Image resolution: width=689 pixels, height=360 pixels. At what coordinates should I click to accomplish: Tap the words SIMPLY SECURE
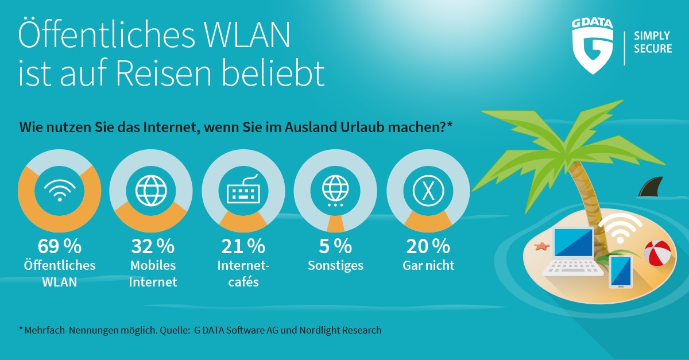pyautogui.click(x=652, y=42)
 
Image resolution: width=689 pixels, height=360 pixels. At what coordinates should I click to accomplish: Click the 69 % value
pyautogui.click(x=60, y=246)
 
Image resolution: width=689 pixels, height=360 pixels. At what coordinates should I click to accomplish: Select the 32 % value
pyautogui.click(x=153, y=246)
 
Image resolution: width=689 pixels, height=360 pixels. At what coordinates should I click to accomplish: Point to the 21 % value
pyautogui.click(x=243, y=246)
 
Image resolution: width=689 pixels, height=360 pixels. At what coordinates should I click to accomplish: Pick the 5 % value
pyautogui.click(x=335, y=246)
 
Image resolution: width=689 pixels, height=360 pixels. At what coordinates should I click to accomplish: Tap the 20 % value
pyautogui.click(x=428, y=246)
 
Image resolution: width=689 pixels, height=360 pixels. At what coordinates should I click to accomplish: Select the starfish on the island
pyautogui.click(x=541, y=246)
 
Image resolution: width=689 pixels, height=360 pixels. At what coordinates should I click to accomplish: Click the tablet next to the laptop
pyautogui.click(x=621, y=272)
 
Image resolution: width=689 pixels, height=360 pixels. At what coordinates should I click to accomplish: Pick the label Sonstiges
pyautogui.click(x=335, y=266)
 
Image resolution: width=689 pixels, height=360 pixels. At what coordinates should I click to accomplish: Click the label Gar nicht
pyautogui.click(x=428, y=265)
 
